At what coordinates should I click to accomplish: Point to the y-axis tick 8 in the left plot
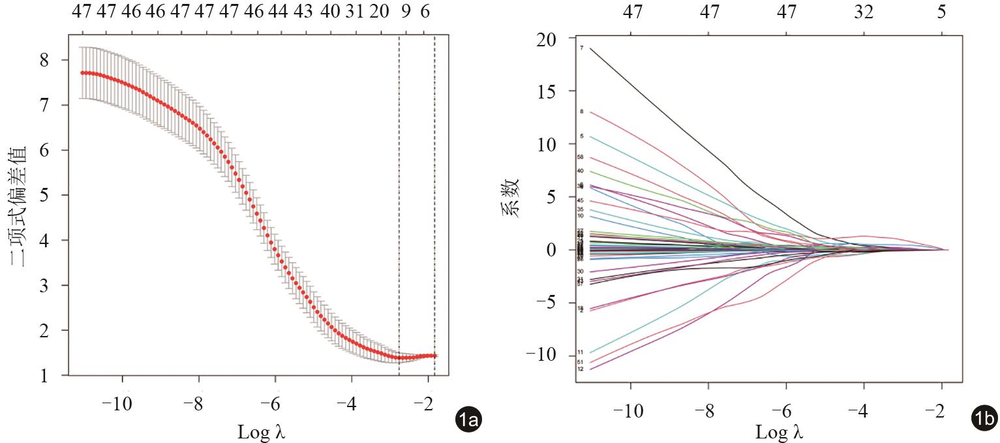point(45,60)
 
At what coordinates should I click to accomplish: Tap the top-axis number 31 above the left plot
point(355,12)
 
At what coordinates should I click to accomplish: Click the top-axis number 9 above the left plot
point(405,12)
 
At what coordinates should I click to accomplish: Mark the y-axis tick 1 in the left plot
point(45,376)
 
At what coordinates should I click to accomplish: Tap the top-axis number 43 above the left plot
point(303,12)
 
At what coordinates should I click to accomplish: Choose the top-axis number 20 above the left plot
point(379,12)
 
